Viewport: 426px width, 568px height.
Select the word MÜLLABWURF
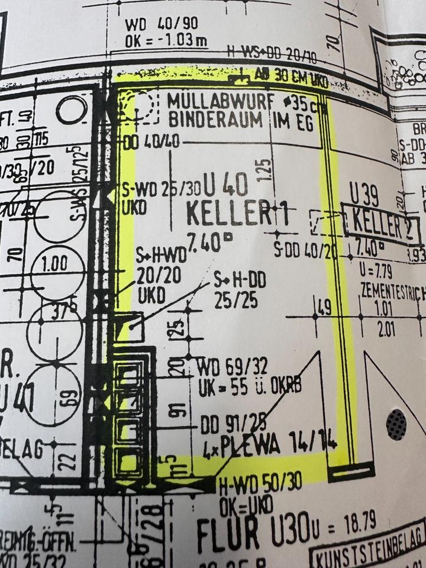point(210,101)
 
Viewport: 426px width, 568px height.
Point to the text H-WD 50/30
point(260,486)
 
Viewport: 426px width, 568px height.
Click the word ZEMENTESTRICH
point(393,292)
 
